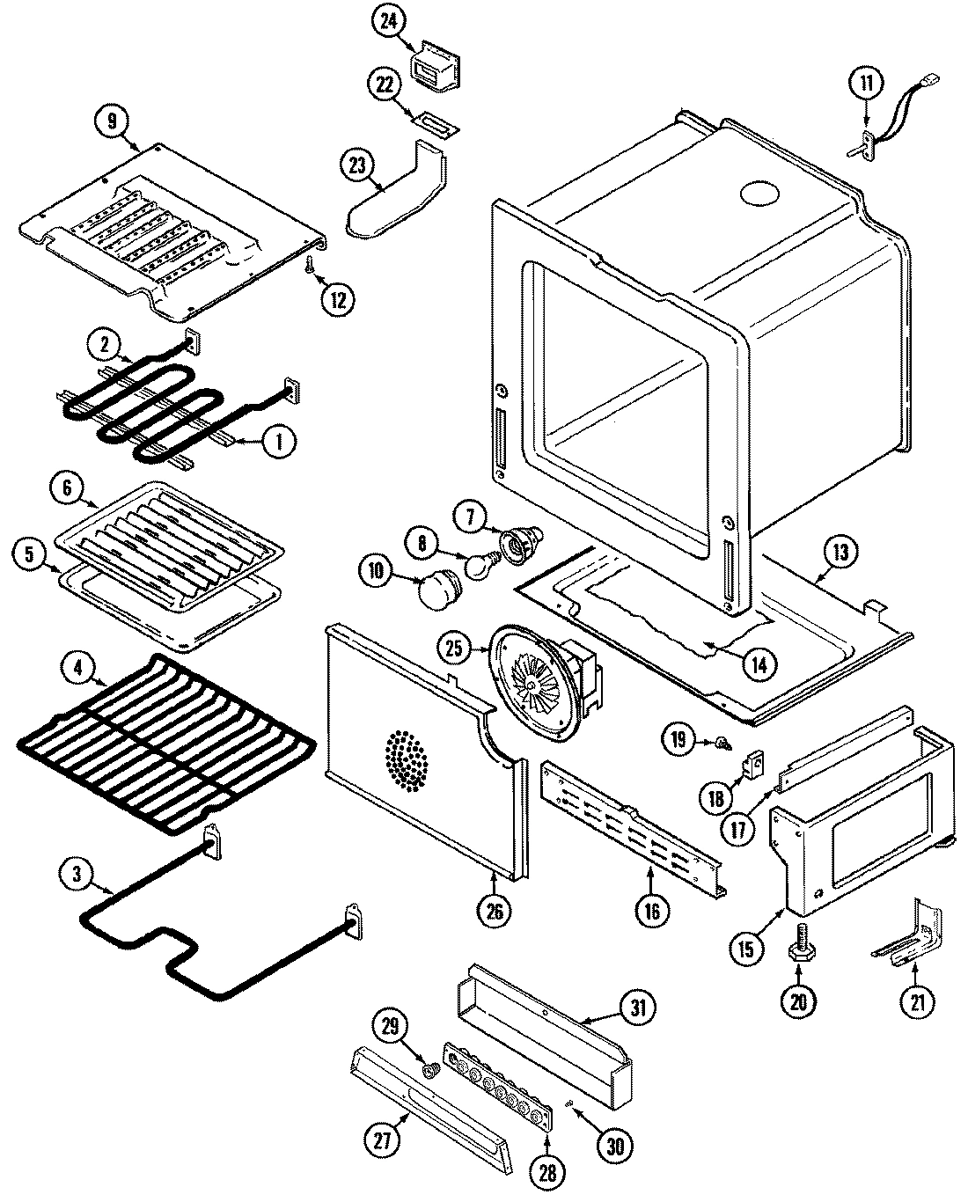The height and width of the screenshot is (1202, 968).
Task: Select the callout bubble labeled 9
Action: [112, 121]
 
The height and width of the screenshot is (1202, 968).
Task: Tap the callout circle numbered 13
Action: [840, 553]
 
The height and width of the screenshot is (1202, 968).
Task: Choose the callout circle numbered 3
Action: [78, 874]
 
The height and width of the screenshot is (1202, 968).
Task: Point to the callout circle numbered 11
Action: [865, 85]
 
